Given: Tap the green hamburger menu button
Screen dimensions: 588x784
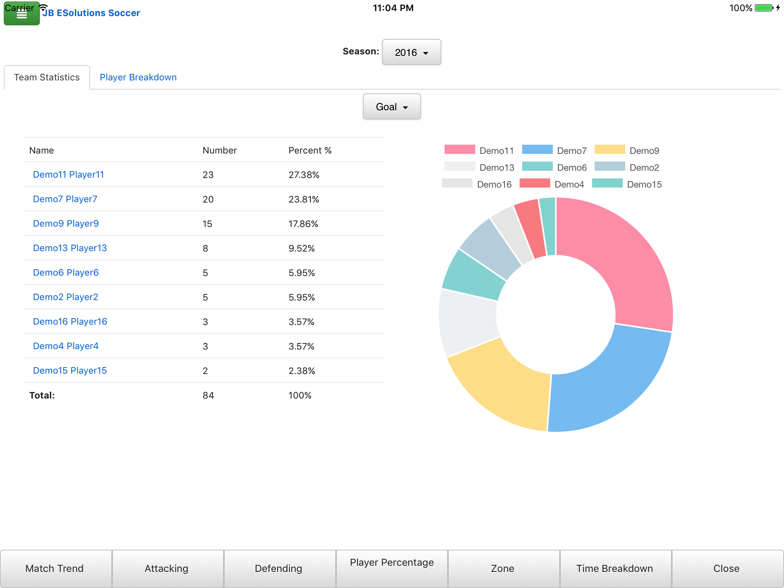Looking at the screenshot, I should (x=21, y=14).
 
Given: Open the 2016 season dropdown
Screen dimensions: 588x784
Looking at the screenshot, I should (x=411, y=52).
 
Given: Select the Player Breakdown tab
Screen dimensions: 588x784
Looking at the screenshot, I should (x=138, y=77).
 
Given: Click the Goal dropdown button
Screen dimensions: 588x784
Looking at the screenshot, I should (x=391, y=107).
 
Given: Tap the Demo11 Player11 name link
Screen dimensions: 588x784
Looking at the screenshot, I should (x=69, y=175).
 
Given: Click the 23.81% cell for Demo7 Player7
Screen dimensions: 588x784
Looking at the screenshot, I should (x=304, y=199).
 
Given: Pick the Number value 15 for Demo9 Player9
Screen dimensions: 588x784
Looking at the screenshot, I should (x=207, y=224).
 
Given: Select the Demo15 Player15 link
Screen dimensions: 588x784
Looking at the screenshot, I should (x=70, y=371).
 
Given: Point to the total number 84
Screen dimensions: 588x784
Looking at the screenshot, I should (x=208, y=395).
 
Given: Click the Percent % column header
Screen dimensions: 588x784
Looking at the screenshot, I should (x=310, y=150).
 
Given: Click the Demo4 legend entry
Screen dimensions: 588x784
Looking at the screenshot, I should (x=552, y=184).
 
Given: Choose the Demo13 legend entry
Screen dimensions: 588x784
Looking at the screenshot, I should (x=479, y=167).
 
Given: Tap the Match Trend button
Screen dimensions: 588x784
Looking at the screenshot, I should (x=54, y=568).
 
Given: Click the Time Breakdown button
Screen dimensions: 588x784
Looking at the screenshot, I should (x=614, y=568).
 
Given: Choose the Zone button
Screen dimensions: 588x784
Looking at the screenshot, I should (x=502, y=568).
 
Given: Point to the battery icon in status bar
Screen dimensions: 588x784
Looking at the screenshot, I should (x=764, y=8).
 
